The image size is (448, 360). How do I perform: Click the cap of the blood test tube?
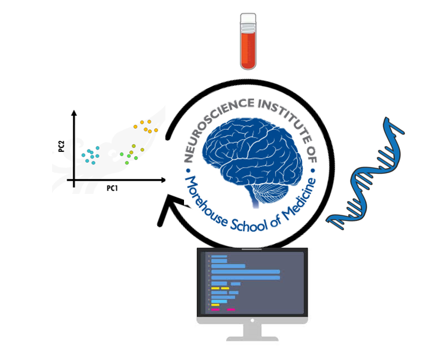tap(248, 20)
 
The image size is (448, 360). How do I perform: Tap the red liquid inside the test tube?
tap(248, 49)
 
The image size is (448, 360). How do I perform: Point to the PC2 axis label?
tap(62, 147)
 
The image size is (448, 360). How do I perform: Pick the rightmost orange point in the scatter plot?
tap(156, 130)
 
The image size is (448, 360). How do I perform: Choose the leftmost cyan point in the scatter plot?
tap(83, 155)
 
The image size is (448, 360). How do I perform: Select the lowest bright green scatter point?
tap(127, 163)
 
